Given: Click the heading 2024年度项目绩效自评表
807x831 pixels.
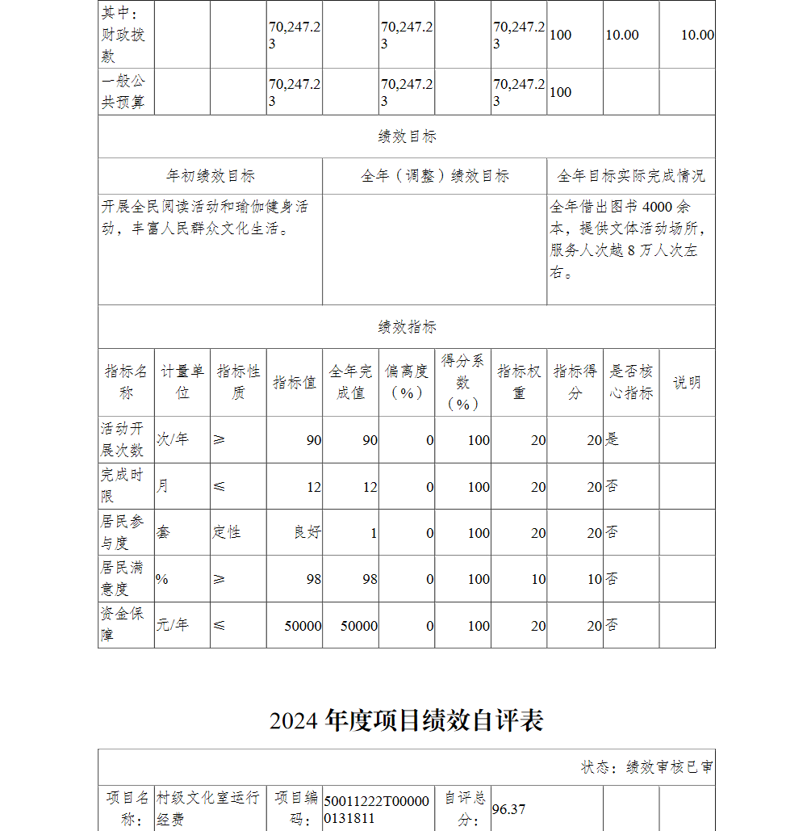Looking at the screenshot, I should pos(406,720).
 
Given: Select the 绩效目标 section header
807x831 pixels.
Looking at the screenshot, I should pos(407,136).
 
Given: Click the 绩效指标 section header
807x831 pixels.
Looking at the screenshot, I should pos(407,327).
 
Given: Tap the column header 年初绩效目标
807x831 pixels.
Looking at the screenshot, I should pos(211,176).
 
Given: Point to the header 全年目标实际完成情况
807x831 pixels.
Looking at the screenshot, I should pos(630,176).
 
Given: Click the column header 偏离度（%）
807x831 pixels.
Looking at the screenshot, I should pos(407,382).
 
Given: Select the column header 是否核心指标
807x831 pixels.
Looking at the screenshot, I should pos(630,382).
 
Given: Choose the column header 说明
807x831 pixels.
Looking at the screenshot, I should pos(687,383).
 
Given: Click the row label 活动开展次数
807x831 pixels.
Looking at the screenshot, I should pos(123,439).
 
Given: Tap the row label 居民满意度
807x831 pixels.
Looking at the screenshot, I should pos(123,578).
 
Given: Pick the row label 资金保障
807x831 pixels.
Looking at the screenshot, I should pos(123,624).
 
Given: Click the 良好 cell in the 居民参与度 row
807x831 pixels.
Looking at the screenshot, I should pos(307,533).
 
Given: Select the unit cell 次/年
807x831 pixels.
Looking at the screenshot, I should pos(173,439).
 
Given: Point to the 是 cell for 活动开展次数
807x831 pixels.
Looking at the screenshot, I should pos(613,439).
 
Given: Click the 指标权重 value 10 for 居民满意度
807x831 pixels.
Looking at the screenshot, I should pos(538,579).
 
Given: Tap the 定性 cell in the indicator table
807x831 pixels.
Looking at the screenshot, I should pos(227,533).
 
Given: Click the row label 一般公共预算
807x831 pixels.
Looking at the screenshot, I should pos(123,92).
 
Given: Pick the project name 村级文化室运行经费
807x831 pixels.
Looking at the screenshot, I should pos(208,808).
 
